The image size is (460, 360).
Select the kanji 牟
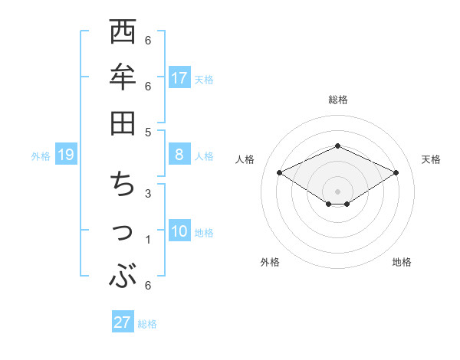point(123,78)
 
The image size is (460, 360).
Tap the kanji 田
point(123,123)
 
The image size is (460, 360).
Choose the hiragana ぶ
point(123,277)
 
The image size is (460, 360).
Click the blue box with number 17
point(179,77)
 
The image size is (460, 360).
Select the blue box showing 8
point(179,155)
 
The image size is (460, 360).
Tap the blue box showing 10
point(179,231)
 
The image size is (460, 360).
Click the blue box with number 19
point(65,155)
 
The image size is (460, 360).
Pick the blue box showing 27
point(123,322)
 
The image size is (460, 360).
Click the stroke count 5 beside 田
point(148,132)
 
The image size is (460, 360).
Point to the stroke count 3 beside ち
point(148,193)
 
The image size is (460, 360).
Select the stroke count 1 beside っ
point(148,240)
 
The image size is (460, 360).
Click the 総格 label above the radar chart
point(337,100)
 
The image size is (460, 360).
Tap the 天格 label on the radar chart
point(431,159)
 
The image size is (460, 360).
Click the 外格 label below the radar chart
point(270,262)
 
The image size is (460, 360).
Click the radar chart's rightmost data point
point(396,172)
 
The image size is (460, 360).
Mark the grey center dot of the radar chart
point(337,191)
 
